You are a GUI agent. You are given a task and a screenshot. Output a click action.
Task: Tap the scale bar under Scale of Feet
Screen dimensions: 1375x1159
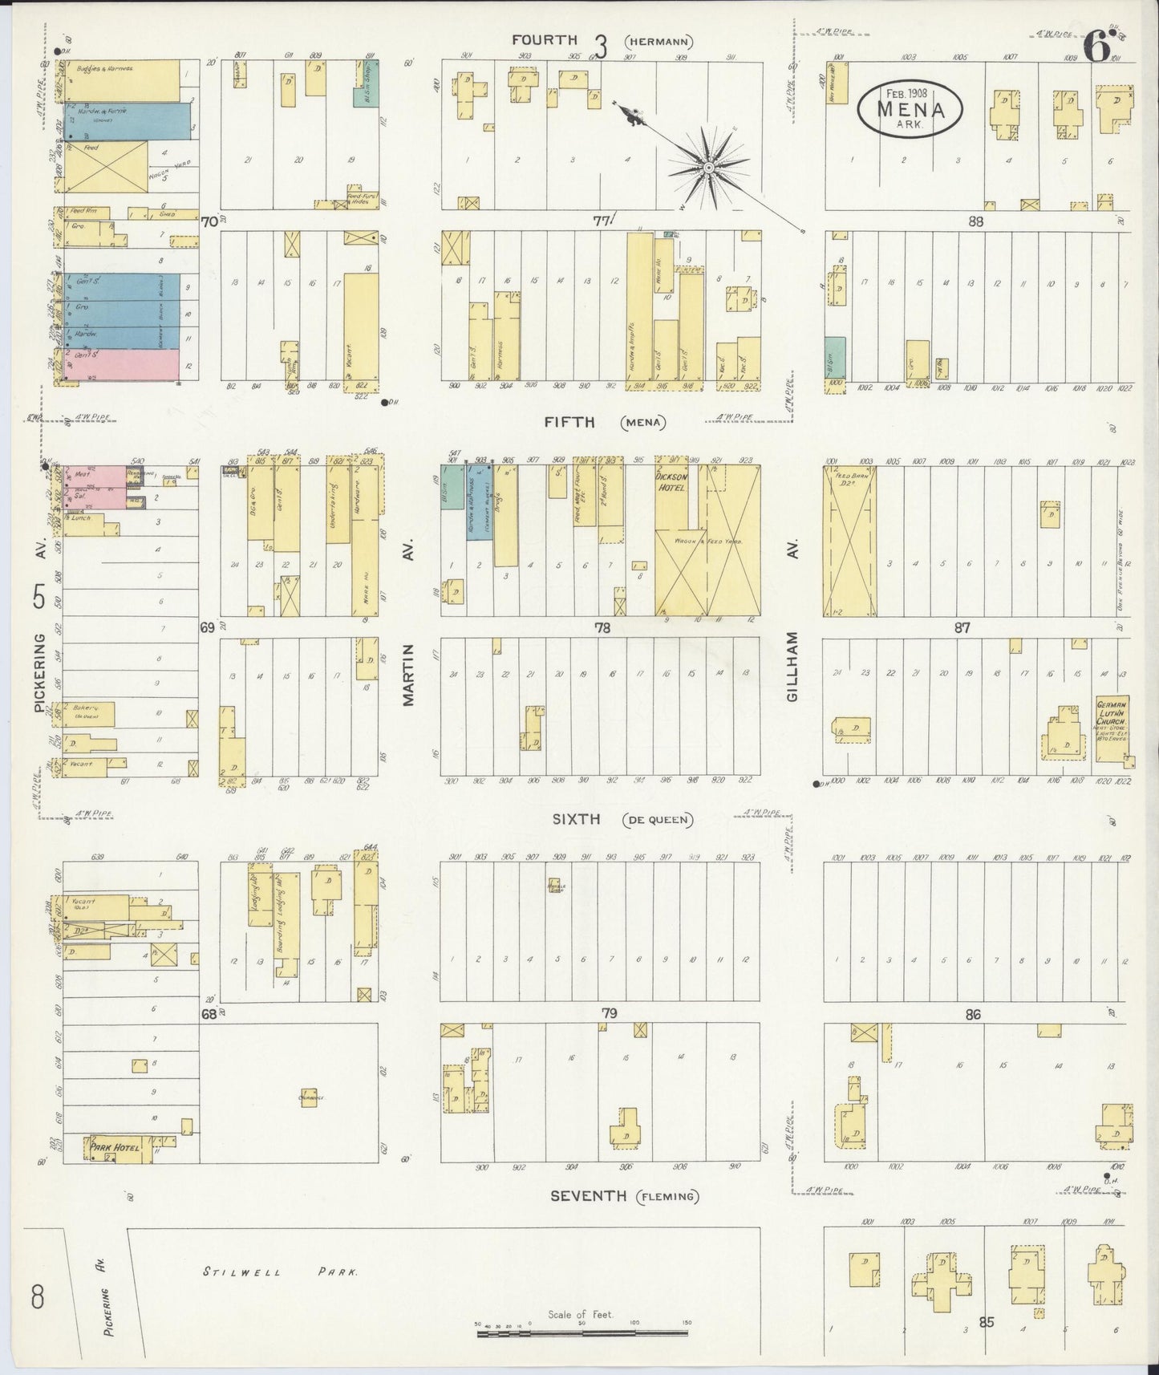click(x=582, y=1332)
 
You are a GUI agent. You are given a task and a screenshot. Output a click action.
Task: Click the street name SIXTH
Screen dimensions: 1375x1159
click(x=576, y=819)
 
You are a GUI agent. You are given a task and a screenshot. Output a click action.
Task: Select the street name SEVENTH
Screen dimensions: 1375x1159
click(x=588, y=1196)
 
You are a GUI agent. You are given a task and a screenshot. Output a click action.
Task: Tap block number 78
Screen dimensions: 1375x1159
click(x=602, y=628)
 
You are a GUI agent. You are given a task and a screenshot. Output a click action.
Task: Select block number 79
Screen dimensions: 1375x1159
click(x=609, y=1014)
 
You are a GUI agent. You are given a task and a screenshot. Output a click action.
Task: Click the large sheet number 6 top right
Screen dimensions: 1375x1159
click(x=1097, y=48)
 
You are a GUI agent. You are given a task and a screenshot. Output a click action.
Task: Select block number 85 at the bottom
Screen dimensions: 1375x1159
click(x=986, y=1323)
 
